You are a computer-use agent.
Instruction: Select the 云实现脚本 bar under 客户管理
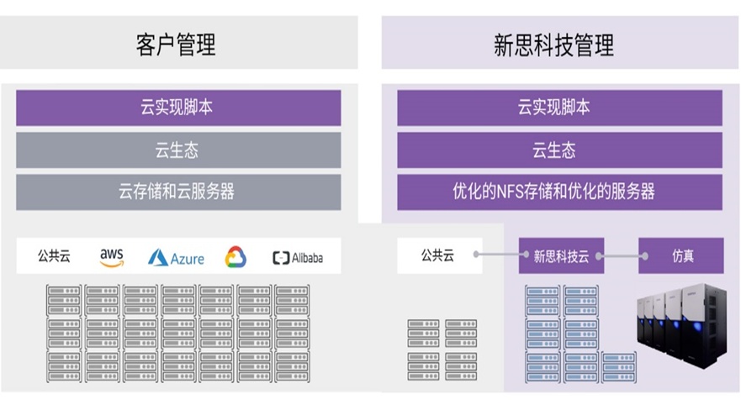[x=178, y=108]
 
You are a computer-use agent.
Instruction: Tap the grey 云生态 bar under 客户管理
[x=178, y=150]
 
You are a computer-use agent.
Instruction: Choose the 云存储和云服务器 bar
[x=178, y=192]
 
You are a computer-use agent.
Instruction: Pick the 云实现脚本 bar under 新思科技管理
[x=559, y=108]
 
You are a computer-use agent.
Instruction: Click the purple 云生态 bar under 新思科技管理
[x=559, y=150]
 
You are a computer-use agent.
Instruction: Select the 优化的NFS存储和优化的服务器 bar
[x=559, y=192]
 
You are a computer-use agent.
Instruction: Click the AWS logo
[x=112, y=257]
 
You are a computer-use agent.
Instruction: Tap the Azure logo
[x=176, y=257]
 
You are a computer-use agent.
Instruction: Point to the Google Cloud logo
[x=236, y=257]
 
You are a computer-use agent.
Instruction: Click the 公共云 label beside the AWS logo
[x=54, y=256]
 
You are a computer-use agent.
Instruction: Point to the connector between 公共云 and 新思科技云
[x=498, y=254]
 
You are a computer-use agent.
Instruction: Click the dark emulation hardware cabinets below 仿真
[x=683, y=332]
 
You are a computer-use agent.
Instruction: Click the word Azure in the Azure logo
[x=187, y=259]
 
